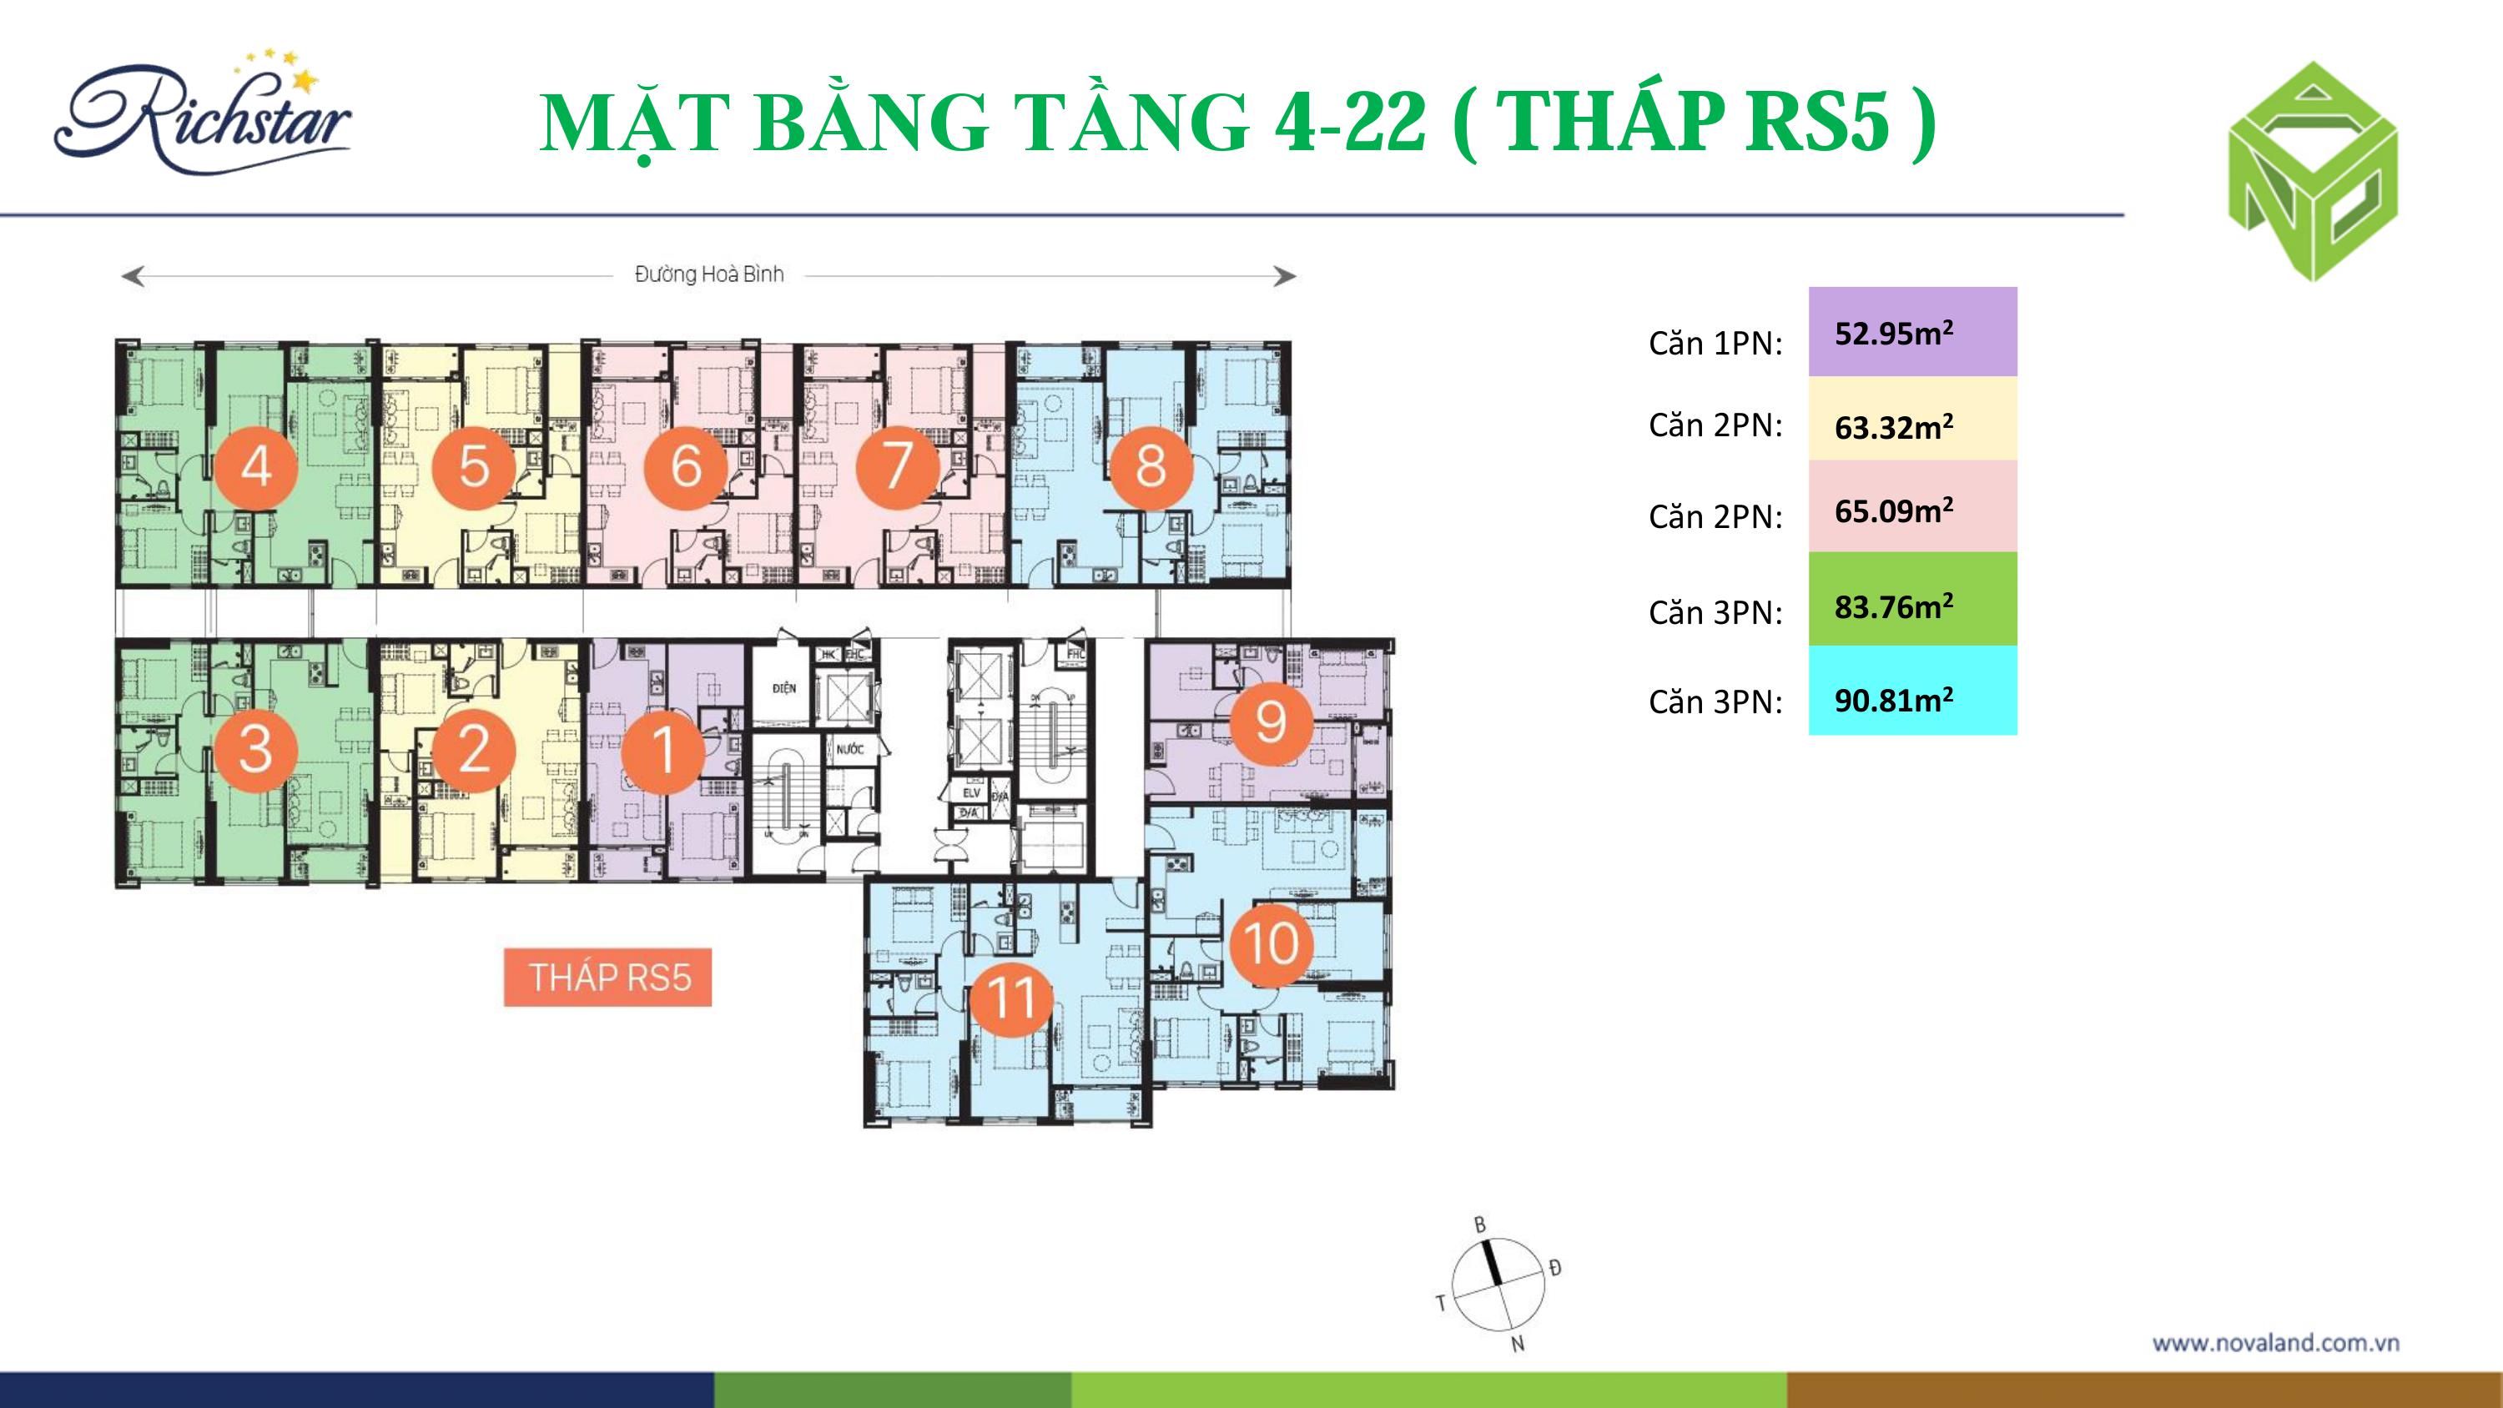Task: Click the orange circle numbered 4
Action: (255, 466)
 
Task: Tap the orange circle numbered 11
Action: (1010, 997)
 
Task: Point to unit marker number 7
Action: (896, 466)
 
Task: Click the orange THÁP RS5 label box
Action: (608, 977)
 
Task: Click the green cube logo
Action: (2313, 173)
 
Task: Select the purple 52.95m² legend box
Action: (1912, 332)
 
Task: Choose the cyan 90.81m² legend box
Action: (1912, 691)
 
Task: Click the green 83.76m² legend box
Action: (1912, 600)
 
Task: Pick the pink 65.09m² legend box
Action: (1912, 506)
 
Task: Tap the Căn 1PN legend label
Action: (1715, 343)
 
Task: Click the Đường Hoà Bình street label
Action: (708, 275)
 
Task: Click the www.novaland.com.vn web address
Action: (2275, 1343)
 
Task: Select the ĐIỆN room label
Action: (784, 688)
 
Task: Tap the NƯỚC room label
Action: (849, 749)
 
